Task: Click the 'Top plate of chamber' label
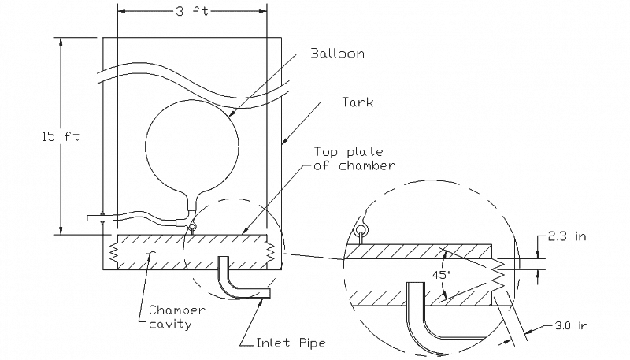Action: point(352,158)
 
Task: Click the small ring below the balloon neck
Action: point(192,229)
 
